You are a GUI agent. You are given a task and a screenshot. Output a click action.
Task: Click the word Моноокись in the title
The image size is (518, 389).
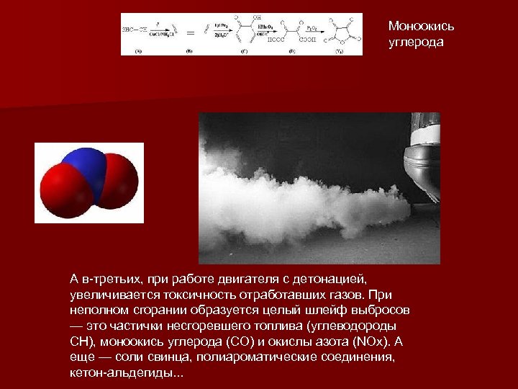(421, 27)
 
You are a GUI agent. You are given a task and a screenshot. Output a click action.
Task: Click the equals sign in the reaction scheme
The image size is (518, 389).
(192, 32)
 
